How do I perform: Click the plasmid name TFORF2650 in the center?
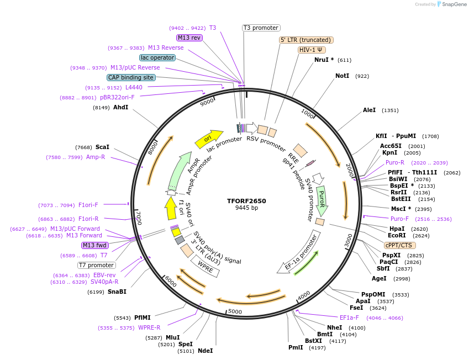click(x=246, y=201)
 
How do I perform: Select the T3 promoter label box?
click(x=261, y=28)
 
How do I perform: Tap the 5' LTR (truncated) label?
click(x=305, y=40)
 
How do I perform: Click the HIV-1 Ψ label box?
click(x=311, y=50)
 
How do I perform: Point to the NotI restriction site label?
click(x=342, y=76)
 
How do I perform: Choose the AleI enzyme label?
click(x=369, y=110)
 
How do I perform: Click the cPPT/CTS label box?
click(x=400, y=245)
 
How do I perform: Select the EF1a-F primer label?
click(x=349, y=317)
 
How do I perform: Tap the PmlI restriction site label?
click(x=296, y=347)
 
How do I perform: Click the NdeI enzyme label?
click(x=205, y=351)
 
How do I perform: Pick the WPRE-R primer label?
click(x=149, y=328)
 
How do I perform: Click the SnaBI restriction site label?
click(x=117, y=292)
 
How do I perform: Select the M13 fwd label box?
click(x=94, y=245)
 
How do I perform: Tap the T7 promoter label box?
click(x=96, y=265)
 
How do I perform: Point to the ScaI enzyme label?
click(x=102, y=147)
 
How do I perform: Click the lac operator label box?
click(x=157, y=57)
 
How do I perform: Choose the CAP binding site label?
click(x=131, y=78)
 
